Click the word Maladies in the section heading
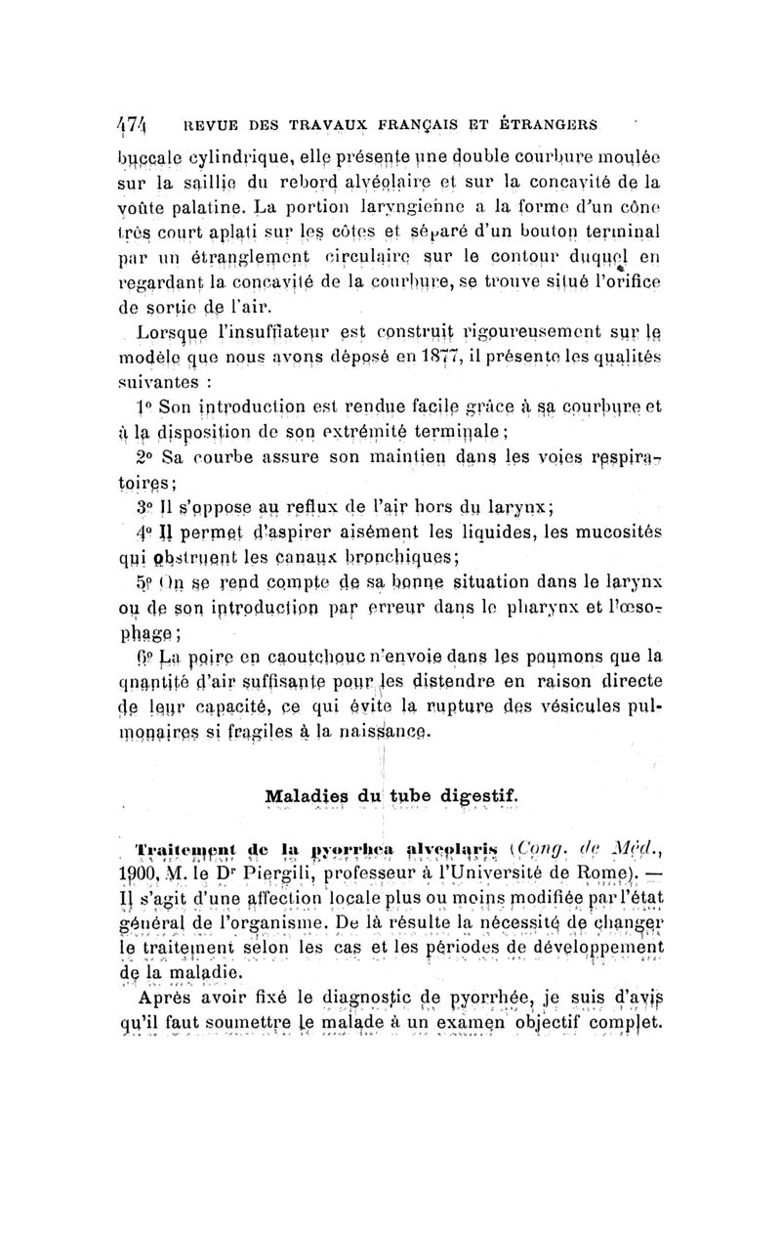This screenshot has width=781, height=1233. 304,770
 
